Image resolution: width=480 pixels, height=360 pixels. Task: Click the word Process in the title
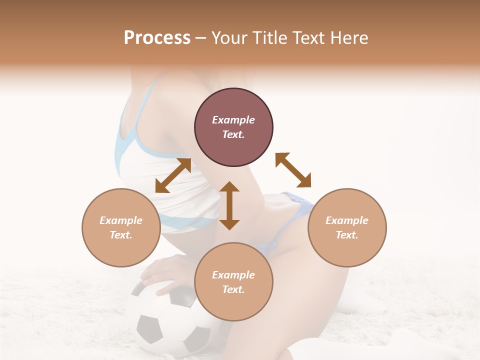pos(157,38)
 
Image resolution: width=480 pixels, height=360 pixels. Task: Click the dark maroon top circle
pos(233,127)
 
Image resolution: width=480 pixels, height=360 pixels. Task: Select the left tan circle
pos(121,228)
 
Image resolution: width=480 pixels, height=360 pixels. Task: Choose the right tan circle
pos(347,228)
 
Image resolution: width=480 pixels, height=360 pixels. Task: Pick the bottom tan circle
pos(233,282)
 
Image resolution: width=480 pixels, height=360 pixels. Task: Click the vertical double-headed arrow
pos(229,205)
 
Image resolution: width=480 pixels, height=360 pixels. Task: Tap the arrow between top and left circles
pos(173,175)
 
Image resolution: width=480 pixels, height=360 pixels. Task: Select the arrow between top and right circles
pos(293,170)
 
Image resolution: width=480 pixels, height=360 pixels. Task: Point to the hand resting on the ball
pos(165,270)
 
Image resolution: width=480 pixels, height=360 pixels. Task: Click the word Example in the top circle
pos(233,120)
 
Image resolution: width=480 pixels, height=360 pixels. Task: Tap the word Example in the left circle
pos(121,220)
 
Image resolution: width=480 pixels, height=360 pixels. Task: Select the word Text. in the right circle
pos(347,235)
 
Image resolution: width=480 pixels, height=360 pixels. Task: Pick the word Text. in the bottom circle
pos(233,289)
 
